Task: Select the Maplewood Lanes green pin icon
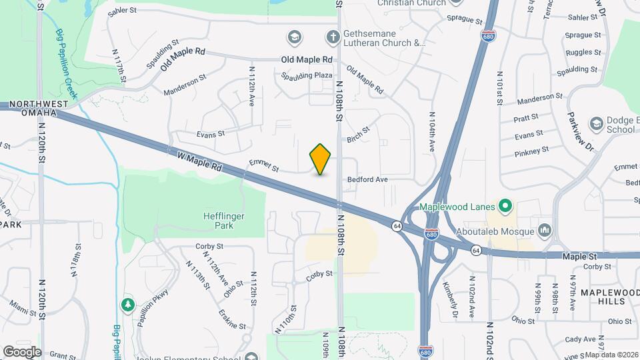coord(505,206)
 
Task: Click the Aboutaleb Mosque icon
coord(545,231)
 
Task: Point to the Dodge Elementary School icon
coord(596,124)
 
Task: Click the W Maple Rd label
coord(199,161)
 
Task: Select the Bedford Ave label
coord(367,180)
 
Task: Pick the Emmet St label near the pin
coord(263,165)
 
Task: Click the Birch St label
coord(358,135)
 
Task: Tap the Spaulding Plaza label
coord(307,75)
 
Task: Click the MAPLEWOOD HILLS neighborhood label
coord(609,297)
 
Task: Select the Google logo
coord(21,351)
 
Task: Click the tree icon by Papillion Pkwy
coord(127,305)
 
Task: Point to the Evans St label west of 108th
coord(207,134)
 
